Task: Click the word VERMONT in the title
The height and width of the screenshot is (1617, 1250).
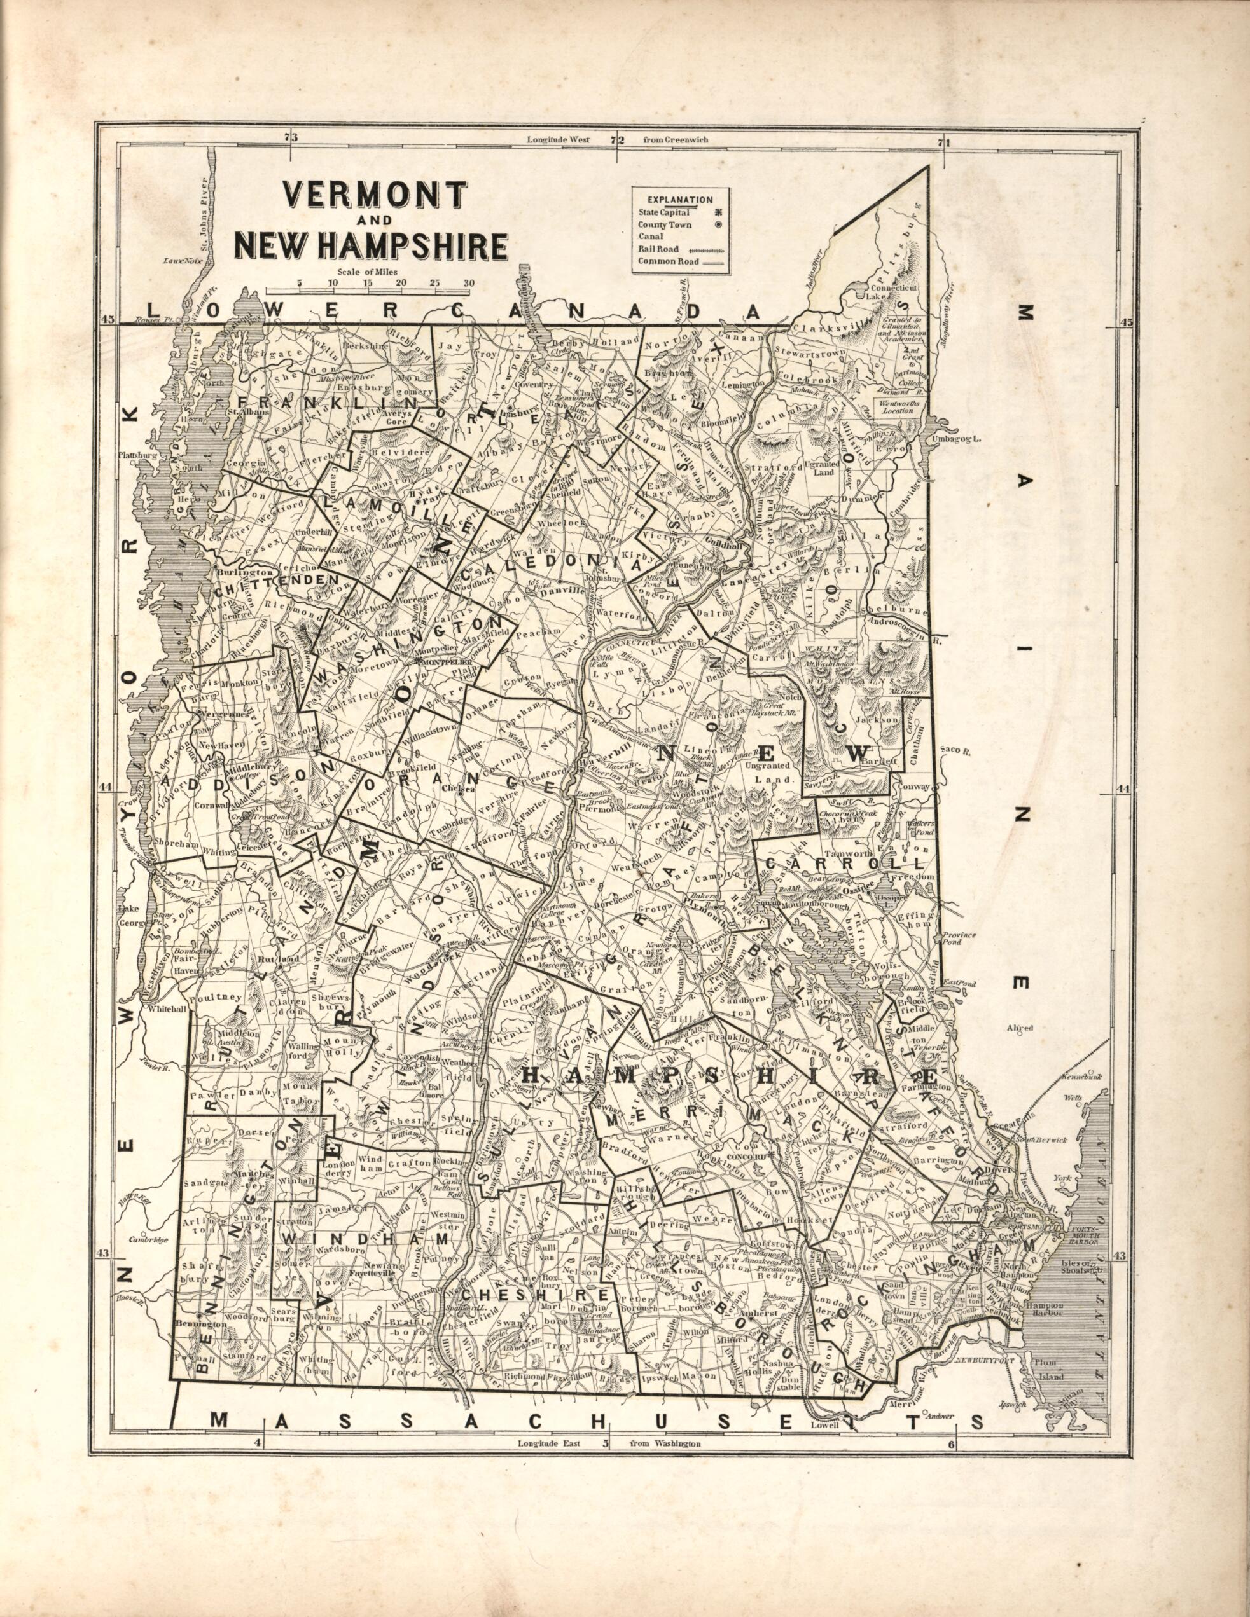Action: pos(375,195)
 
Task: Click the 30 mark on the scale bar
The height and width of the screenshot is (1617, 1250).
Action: pos(469,282)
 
